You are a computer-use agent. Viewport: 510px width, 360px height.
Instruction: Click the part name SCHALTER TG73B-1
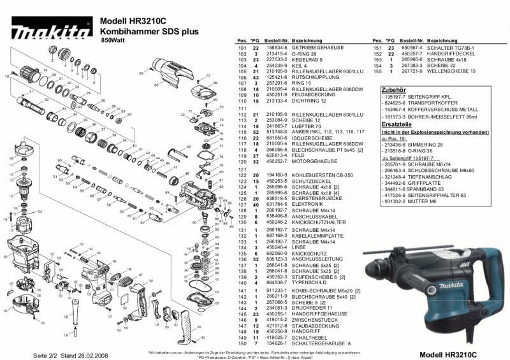click(x=448, y=48)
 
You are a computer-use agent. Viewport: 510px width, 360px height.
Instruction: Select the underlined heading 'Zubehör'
click(x=390, y=90)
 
